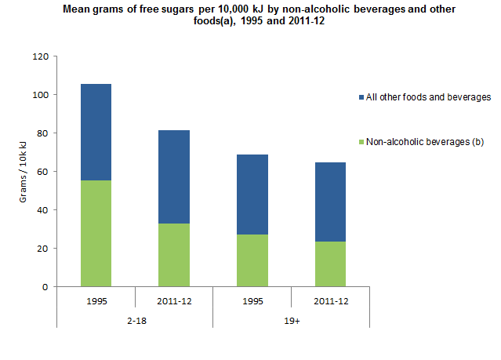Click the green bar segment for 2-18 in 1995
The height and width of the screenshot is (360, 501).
96,233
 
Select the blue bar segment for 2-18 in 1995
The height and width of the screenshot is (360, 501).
96,132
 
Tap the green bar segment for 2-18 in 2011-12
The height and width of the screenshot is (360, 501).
173,255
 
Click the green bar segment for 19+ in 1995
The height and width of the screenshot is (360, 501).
252,260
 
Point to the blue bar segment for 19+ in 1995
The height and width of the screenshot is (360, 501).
252,195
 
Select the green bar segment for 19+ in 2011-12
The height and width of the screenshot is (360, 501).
330,264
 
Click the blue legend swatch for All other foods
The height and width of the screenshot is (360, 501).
361,97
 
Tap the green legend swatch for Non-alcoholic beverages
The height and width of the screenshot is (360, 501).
361,142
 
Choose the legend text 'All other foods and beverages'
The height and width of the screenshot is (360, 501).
428,97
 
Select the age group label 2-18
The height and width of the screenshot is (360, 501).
135,320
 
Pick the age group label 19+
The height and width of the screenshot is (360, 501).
291,320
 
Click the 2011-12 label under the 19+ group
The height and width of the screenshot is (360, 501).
330,300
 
